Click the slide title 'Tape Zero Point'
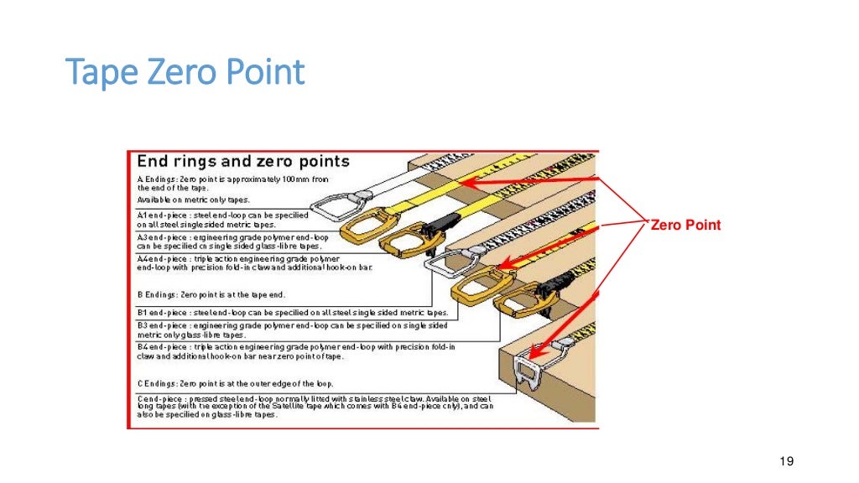(185, 73)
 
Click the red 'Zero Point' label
(686, 225)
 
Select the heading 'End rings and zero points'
(243, 161)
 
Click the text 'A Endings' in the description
(155, 179)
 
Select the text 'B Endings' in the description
(155, 295)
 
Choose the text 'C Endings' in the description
(155, 383)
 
